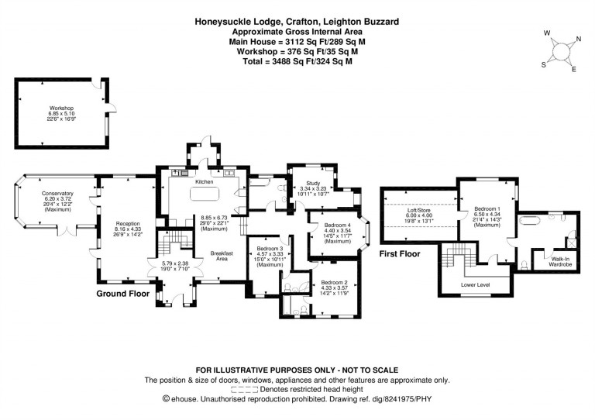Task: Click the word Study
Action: [310, 182]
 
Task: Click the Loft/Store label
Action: [419, 210]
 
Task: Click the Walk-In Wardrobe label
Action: [560, 261]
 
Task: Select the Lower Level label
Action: [475, 284]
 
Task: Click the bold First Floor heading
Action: [400, 253]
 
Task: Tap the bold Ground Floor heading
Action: [122, 294]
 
